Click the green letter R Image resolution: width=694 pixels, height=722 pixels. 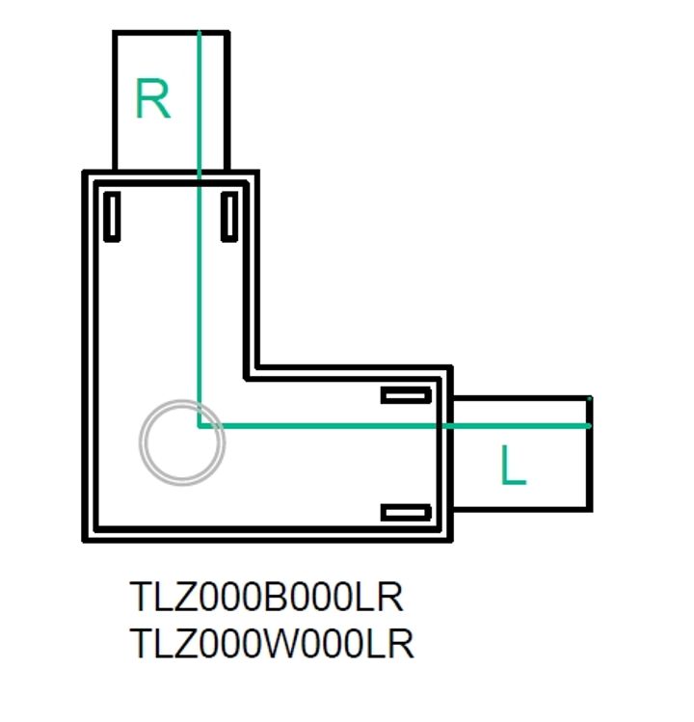pos(152,99)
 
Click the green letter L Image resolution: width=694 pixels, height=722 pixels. pos(514,467)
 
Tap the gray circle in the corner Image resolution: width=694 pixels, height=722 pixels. pos(181,442)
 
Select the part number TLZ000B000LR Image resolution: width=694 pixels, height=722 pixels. pos(266,598)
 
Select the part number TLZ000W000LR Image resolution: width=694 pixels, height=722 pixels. pos(272,643)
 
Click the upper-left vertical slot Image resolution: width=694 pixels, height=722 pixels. pos(112,217)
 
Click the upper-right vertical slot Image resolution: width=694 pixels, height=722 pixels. pos(229,216)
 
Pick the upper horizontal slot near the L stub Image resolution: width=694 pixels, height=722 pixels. pos(406,395)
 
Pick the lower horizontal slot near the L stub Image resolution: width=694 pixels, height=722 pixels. pos(406,512)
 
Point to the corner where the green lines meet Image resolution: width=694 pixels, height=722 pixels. pos(199,425)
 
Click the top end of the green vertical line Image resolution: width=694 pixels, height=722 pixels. pos(199,34)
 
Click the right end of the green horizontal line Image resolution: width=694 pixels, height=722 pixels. pos(588,425)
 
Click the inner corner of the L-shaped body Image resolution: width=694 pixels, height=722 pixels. pos(253,372)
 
